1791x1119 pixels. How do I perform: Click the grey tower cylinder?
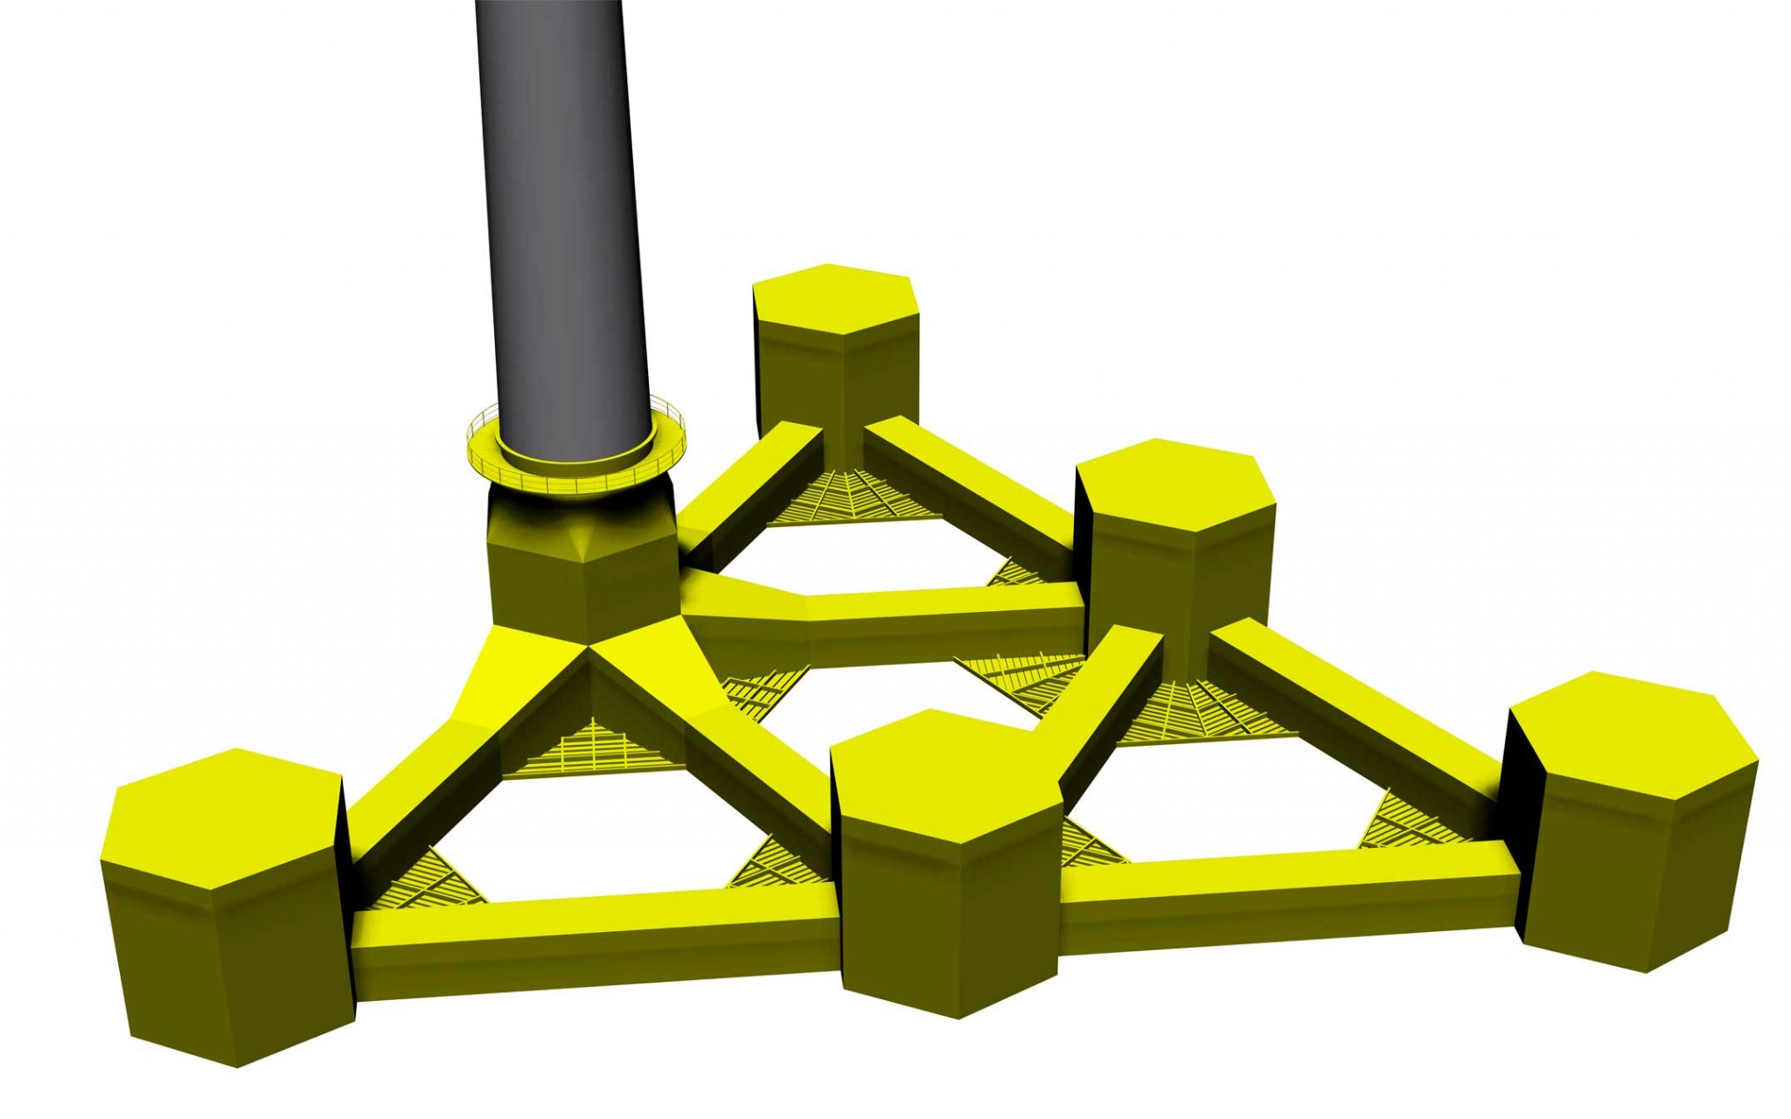(560, 219)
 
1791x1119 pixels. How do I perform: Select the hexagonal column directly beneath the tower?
(582, 577)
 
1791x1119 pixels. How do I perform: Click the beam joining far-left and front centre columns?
(595, 931)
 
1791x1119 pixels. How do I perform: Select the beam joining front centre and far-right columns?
(1286, 892)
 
